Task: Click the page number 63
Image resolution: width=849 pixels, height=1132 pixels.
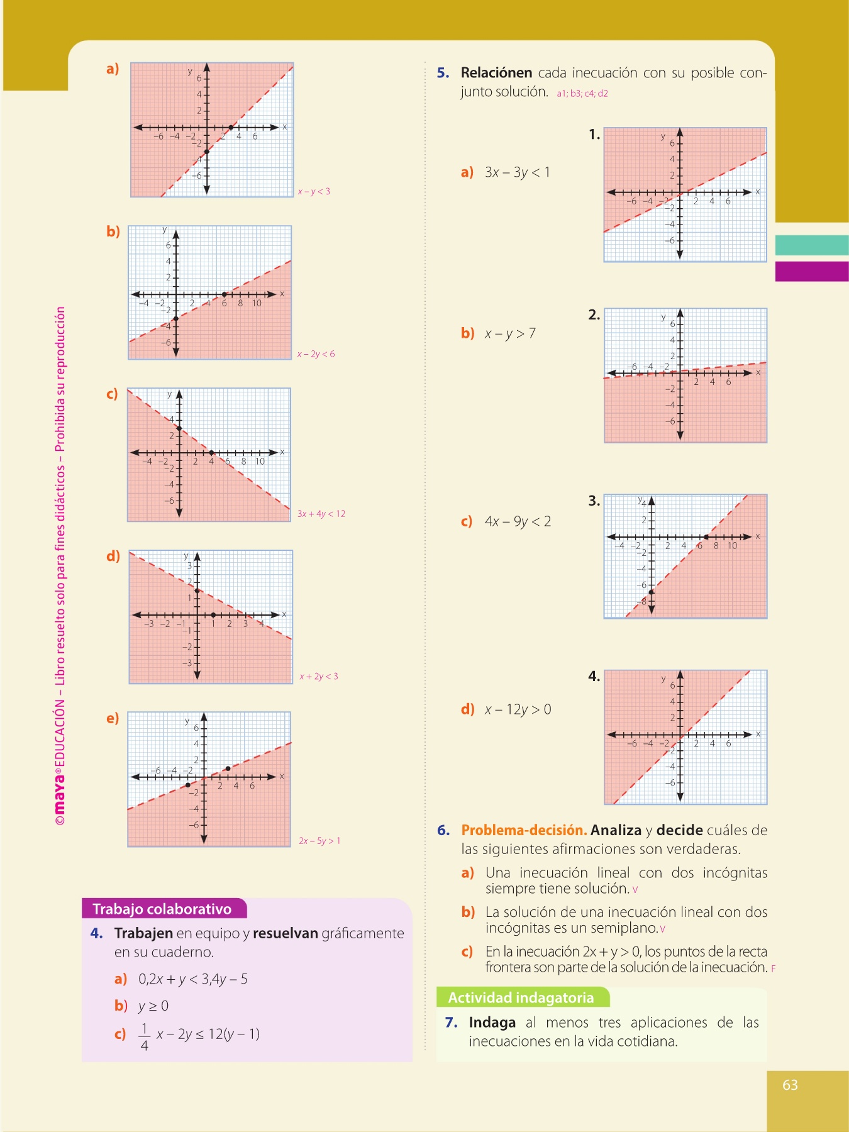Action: [x=790, y=1085]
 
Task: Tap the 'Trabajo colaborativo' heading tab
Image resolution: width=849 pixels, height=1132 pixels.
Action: [x=162, y=909]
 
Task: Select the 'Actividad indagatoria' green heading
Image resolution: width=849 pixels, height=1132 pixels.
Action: [x=521, y=997]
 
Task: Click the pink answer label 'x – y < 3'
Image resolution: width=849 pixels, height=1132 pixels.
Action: [x=314, y=191]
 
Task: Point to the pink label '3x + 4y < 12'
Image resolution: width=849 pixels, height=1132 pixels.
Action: [x=321, y=514]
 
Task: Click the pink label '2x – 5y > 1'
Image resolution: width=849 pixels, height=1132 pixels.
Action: [x=319, y=841]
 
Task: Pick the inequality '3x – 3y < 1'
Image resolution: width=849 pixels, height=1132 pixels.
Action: [x=517, y=172]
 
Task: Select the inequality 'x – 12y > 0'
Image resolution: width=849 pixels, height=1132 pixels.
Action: [x=518, y=709]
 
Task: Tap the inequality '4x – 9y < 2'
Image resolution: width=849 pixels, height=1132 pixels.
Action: [x=518, y=521]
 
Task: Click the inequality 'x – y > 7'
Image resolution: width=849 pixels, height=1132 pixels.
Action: [x=510, y=333]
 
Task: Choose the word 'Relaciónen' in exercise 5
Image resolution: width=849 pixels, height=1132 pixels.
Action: [x=496, y=73]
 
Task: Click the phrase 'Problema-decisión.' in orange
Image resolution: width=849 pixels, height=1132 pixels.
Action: [x=524, y=830]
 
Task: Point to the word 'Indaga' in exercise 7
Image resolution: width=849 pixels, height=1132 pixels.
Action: [x=491, y=1023]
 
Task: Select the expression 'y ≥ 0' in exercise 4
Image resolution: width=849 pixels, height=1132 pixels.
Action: [x=153, y=1006]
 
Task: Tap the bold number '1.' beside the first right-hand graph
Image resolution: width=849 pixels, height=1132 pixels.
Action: [x=594, y=135]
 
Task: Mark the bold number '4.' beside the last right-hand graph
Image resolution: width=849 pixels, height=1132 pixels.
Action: [x=594, y=677]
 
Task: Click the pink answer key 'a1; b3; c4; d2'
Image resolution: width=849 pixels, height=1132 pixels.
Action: [x=582, y=94]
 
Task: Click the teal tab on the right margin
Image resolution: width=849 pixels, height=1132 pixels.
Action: [x=812, y=245]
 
